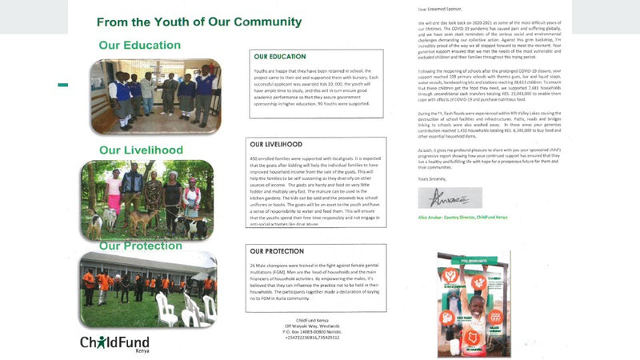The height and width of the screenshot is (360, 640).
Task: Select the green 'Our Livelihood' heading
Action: point(141,150)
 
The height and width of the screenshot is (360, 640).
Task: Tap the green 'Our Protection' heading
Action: point(141,245)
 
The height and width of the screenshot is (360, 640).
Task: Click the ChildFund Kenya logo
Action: point(114,343)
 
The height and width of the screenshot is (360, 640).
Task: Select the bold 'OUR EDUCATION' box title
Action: point(280,57)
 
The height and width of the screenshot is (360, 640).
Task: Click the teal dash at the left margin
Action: point(63,85)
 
